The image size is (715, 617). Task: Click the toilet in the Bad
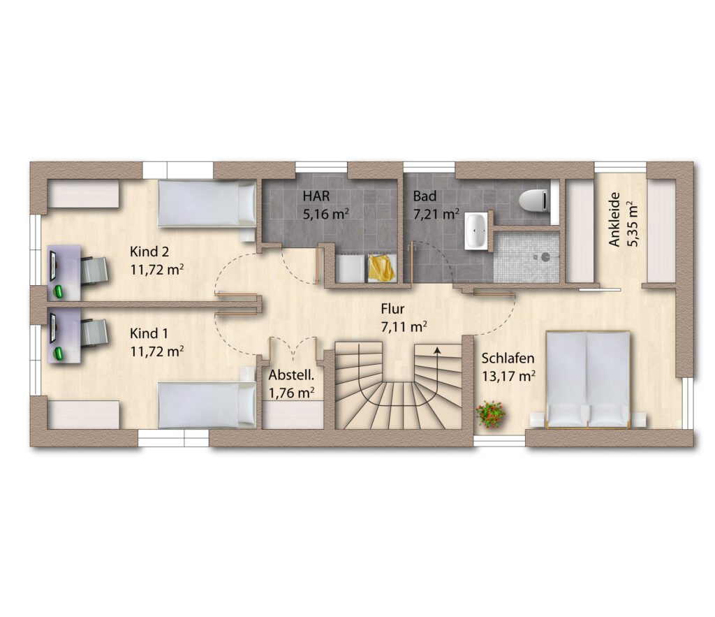(x=533, y=201)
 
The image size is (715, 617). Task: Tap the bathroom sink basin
(x=476, y=231)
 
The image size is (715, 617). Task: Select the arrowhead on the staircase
(x=437, y=351)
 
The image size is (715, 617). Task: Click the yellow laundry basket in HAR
(x=382, y=268)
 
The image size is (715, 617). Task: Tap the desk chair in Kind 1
(x=95, y=333)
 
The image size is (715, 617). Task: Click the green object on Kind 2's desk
(x=59, y=291)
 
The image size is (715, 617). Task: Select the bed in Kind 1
(x=207, y=405)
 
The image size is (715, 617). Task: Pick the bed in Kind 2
(x=207, y=203)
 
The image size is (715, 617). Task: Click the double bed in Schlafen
(x=588, y=380)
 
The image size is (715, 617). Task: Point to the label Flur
(x=392, y=309)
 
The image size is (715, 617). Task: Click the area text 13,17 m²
(x=508, y=377)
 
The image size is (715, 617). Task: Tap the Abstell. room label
(x=291, y=375)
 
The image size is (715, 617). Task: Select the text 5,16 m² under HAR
(x=327, y=214)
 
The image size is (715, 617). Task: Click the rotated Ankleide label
(x=615, y=219)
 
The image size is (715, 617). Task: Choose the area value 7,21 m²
(x=436, y=214)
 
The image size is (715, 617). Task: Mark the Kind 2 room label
(x=149, y=252)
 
